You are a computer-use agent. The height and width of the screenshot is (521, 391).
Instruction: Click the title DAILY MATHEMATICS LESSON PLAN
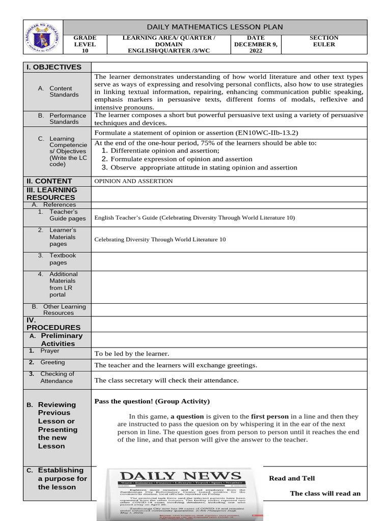[x=214, y=27]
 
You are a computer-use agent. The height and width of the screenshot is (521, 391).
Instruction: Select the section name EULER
[x=324, y=44]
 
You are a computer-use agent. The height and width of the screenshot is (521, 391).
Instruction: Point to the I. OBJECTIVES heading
[x=54, y=67]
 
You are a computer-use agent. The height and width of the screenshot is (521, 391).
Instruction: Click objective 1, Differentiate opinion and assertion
[x=165, y=151]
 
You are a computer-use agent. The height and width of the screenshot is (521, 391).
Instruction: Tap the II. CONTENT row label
[x=49, y=181]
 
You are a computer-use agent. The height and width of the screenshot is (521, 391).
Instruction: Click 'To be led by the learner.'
[x=132, y=354]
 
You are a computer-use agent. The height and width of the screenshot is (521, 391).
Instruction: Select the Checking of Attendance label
[x=57, y=377]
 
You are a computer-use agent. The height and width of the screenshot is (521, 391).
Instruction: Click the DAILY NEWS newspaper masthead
[x=180, y=477]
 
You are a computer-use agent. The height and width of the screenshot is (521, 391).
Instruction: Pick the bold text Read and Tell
[x=292, y=478]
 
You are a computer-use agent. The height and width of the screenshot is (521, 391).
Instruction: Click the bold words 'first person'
[x=270, y=416]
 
